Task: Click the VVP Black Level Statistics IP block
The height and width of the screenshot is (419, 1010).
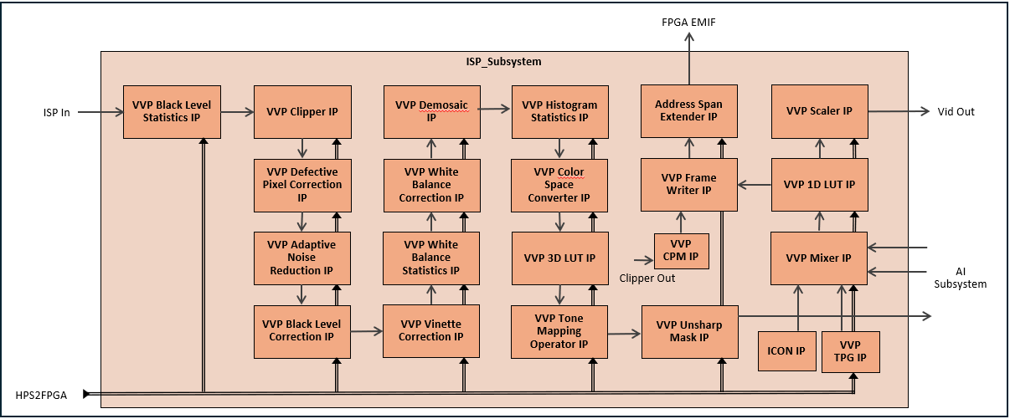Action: [x=171, y=111]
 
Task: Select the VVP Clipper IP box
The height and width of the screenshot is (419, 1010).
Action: [x=301, y=111]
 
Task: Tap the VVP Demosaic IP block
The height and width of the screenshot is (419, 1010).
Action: [x=431, y=111]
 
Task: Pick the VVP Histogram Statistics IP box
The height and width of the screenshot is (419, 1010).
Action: [x=559, y=111]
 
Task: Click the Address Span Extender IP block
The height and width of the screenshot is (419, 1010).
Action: [x=689, y=111]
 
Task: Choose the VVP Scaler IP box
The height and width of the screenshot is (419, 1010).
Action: [x=819, y=111]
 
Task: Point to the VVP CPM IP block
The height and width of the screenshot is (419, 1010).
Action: [x=681, y=251]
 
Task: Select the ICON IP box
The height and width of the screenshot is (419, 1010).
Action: [x=786, y=351]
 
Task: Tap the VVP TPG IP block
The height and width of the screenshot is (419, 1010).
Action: [x=849, y=351]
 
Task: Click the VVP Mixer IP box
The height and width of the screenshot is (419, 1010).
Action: [x=819, y=258]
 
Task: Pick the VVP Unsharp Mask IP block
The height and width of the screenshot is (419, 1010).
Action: [x=689, y=331]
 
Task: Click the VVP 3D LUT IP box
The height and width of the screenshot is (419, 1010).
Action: [x=559, y=258]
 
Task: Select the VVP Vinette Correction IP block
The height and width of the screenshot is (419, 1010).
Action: [x=431, y=330]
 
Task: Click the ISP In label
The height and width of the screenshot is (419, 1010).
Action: [x=56, y=112]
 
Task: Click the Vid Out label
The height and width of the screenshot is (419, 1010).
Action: [x=956, y=112]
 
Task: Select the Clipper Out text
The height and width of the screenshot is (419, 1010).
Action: [x=647, y=278]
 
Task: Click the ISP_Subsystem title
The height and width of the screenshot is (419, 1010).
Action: [x=504, y=62]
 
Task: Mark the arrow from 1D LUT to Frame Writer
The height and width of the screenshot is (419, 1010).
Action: [x=754, y=184]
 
